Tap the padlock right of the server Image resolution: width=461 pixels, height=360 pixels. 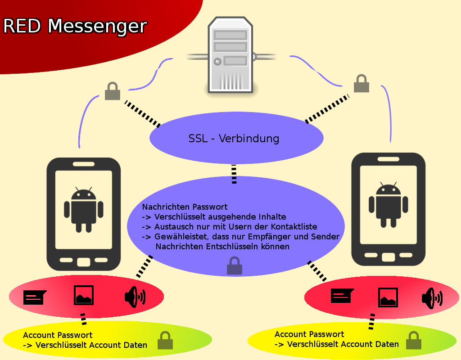[x=361, y=84]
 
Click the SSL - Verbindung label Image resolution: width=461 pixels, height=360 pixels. [x=234, y=138]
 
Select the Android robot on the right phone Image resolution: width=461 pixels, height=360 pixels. [x=388, y=204]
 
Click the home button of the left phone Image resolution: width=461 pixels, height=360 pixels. [x=84, y=261]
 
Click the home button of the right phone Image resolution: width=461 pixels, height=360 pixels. [x=388, y=256]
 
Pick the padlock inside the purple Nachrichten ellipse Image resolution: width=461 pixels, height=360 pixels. [x=234, y=266]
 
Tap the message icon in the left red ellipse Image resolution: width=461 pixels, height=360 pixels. [x=35, y=297]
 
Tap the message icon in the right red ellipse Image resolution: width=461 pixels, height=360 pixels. [x=342, y=296]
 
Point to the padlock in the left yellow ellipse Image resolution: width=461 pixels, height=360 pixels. [x=165, y=341]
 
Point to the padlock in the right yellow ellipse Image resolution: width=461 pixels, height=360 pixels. [x=413, y=341]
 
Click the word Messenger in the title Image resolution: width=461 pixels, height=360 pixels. [x=97, y=26]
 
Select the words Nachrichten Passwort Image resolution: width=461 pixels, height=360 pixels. [x=185, y=207]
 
